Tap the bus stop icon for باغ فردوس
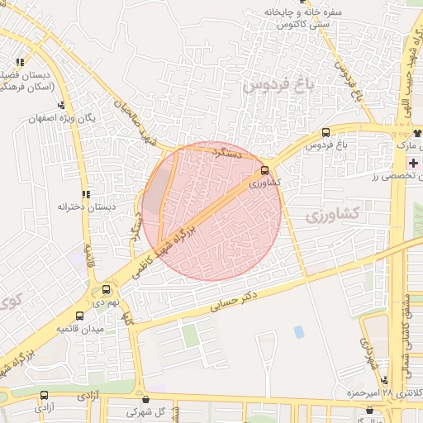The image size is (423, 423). (326, 132)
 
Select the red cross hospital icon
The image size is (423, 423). (413, 164)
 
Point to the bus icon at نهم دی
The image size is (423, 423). (106, 289)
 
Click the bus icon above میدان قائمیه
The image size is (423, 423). (79, 316)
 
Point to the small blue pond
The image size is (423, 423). (298, 332)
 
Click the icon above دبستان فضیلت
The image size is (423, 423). (20, 62)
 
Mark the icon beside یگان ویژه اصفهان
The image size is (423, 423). (61, 105)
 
